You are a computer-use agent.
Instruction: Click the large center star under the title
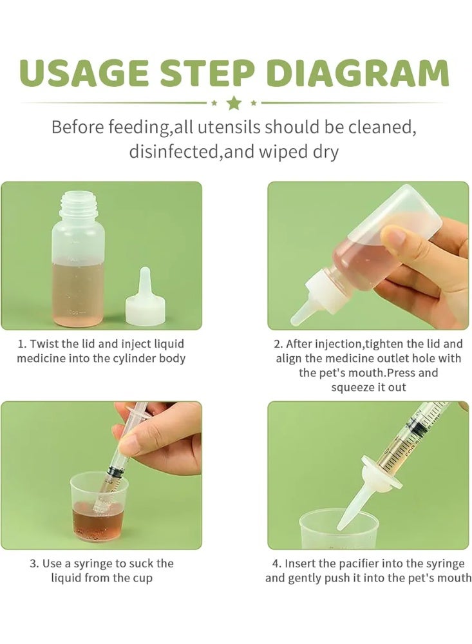234,103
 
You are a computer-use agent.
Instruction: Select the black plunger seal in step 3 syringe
115,472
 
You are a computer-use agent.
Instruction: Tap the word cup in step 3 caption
142,578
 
